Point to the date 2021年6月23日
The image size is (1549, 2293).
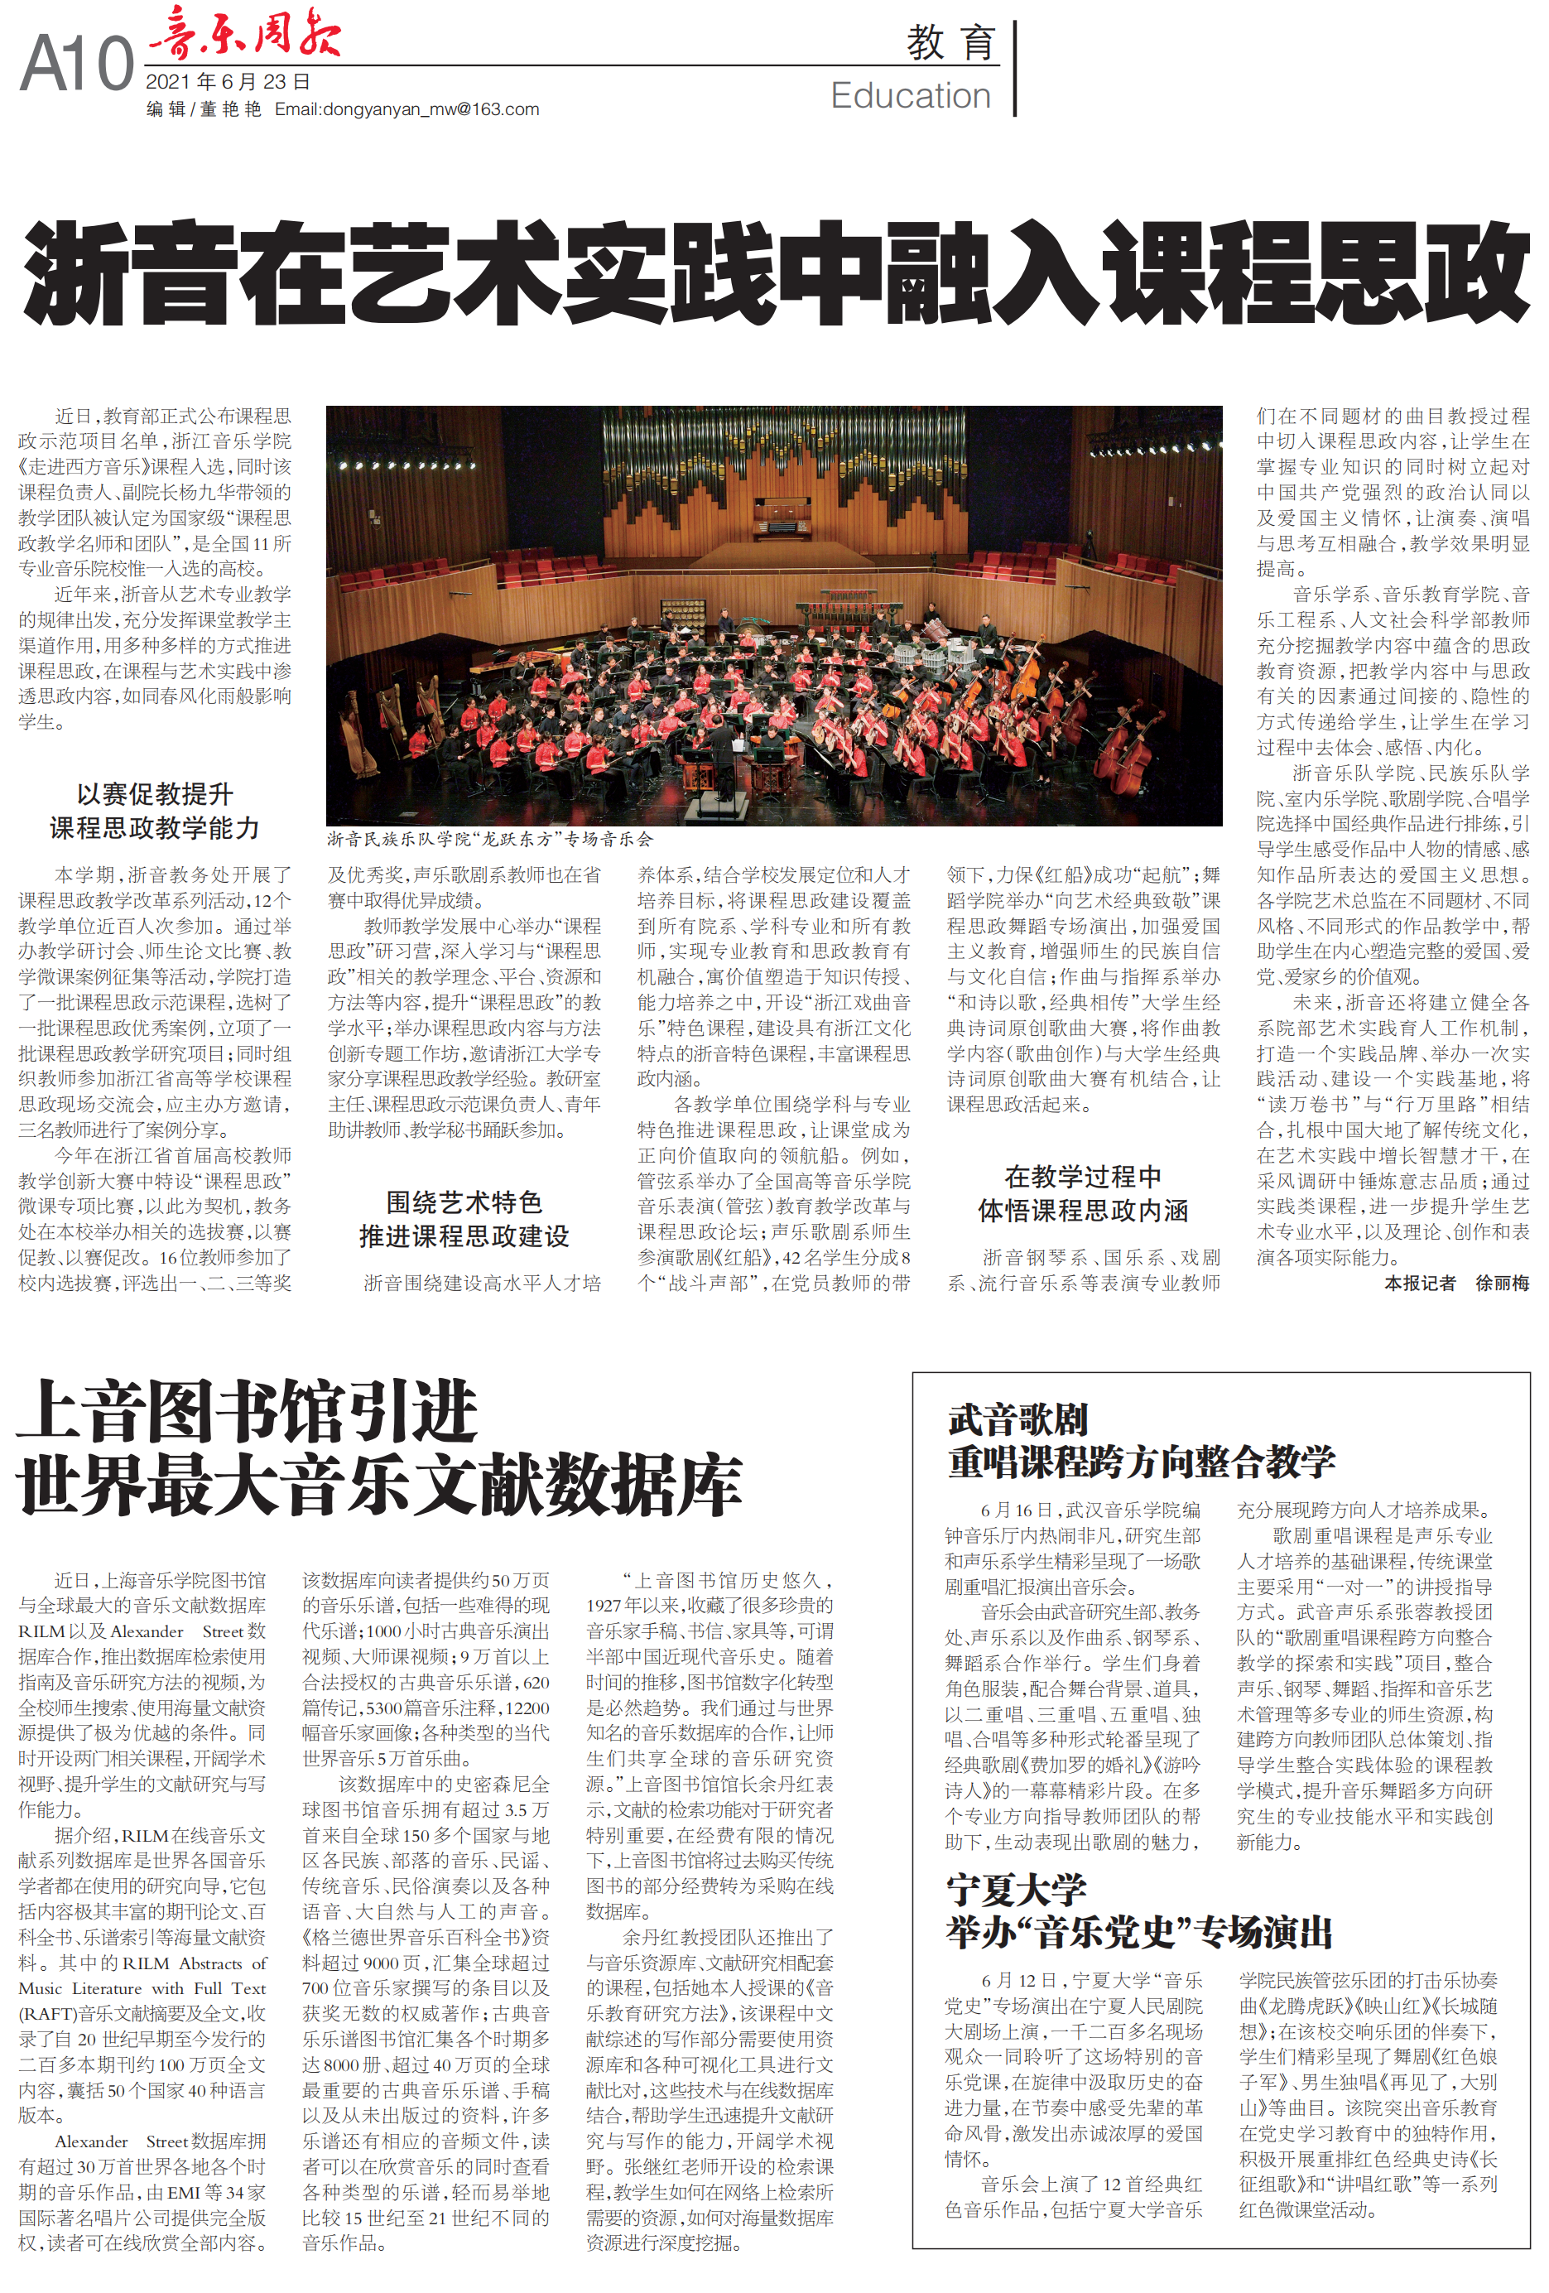point(228,82)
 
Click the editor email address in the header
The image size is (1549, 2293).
point(406,109)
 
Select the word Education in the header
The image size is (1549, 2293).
point(910,96)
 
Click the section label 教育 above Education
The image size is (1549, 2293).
point(950,42)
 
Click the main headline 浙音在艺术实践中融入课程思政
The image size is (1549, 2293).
point(775,273)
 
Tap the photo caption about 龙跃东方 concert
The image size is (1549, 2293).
point(490,839)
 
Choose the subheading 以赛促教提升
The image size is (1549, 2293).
point(155,793)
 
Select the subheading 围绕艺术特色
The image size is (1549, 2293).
point(464,1202)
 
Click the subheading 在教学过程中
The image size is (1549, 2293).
point(1082,1176)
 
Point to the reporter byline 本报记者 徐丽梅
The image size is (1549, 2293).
point(1456,1283)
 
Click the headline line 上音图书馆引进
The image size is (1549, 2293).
point(247,1411)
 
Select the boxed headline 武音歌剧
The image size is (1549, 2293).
point(1017,1420)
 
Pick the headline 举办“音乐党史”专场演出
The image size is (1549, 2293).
point(1138,1932)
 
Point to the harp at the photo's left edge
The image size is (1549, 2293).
point(356,730)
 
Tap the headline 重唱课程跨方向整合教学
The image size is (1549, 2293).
point(1141,1462)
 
